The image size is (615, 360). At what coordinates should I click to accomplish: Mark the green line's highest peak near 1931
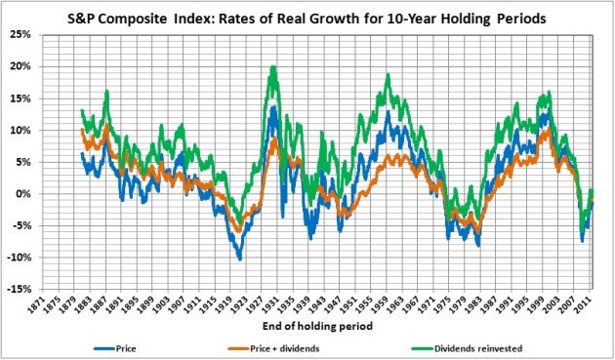(274, 67)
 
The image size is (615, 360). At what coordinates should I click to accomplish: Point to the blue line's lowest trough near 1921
(239, 260)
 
